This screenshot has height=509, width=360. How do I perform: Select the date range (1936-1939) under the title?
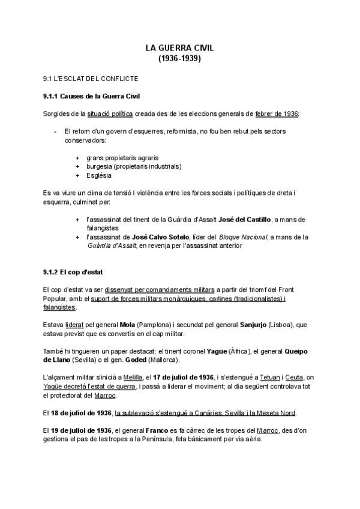[x=179, y=59]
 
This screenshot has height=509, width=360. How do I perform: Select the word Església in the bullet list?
[x=98, y=175]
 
